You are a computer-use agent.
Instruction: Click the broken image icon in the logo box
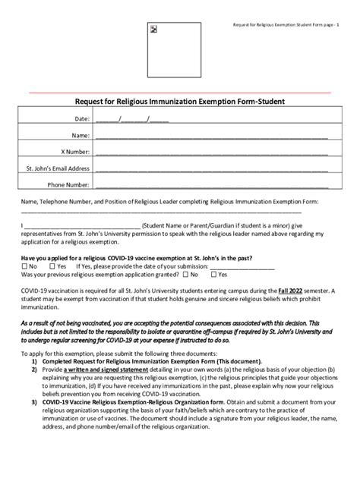pos(154,30)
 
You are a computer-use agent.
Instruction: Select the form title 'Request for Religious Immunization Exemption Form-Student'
pos(179,101)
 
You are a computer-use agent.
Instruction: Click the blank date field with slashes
pos(132,119)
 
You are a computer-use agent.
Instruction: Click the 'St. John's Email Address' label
pos(58,168)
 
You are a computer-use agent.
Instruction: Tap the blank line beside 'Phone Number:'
pos(212,184)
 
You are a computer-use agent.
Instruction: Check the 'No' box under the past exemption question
pos(25,267)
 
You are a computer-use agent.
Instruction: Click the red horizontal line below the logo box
pos(179,92)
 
